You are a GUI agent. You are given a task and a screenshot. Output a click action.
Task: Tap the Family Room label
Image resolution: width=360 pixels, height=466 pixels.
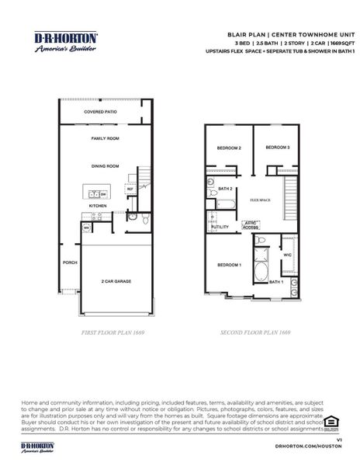click(x=105, y=137)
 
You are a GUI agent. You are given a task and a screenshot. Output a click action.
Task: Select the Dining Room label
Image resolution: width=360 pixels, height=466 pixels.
click(x=105, y=165)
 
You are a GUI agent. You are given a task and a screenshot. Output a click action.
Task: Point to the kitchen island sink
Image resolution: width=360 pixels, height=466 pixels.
click(x=94, y=194)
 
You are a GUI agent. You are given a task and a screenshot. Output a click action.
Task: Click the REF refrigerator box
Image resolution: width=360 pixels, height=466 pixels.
click(x=130, y=189)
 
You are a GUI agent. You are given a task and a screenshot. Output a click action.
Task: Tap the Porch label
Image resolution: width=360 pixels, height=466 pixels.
click(x=68, y=262)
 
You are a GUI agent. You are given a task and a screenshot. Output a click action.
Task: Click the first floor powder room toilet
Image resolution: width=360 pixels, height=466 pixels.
click(x=133, y=220)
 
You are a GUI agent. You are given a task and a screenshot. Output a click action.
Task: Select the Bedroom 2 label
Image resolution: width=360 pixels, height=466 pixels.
click(x=229, y=148)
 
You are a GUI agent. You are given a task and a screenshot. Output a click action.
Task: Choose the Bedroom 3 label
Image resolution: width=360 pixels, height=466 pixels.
click(x=277, y=148)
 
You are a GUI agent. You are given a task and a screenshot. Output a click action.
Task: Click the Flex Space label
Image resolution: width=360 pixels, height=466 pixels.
click(x=260, y=200)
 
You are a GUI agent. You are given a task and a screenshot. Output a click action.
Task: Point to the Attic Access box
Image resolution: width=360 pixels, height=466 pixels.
click(x=250, y=225)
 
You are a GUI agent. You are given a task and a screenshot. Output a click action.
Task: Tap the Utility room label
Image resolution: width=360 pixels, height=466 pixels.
click(x=220, y=227)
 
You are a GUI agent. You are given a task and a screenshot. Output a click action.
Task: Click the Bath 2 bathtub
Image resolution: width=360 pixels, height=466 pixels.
click(x=225, y=204)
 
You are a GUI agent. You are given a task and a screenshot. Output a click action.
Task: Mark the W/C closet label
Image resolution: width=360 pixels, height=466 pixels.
click(x=287, y=255)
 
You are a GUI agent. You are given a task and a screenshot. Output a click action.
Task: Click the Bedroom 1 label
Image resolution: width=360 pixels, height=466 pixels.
click(x=229, y=266)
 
